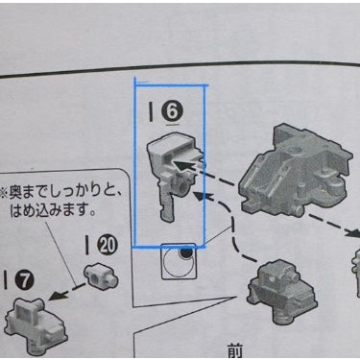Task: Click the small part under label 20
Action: [x=101, y=276]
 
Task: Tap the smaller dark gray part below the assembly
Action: [x=282, y=291]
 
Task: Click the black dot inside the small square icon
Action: [x=185, y=253]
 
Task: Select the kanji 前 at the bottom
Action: [x=235, y=350]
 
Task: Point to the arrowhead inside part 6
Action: [x=181, y=165]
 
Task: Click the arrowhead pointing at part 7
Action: [x=55, y=296]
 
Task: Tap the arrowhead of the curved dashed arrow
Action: [x=201, y=196]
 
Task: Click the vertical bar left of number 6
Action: [x=151, y=112]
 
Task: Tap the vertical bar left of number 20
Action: [x=86, y=246]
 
